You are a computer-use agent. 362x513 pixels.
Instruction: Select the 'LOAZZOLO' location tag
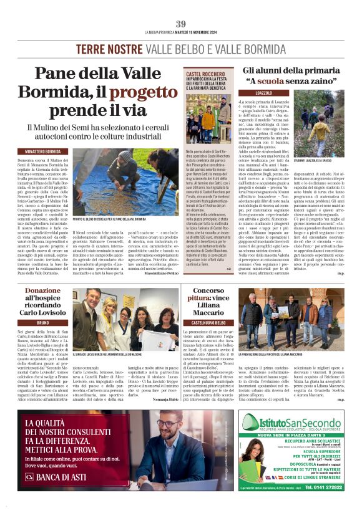coord(263,93)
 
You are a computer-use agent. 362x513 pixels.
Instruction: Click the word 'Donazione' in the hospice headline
coord(43,291)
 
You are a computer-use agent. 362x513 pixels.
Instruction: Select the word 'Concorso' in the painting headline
coord(207,291)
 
